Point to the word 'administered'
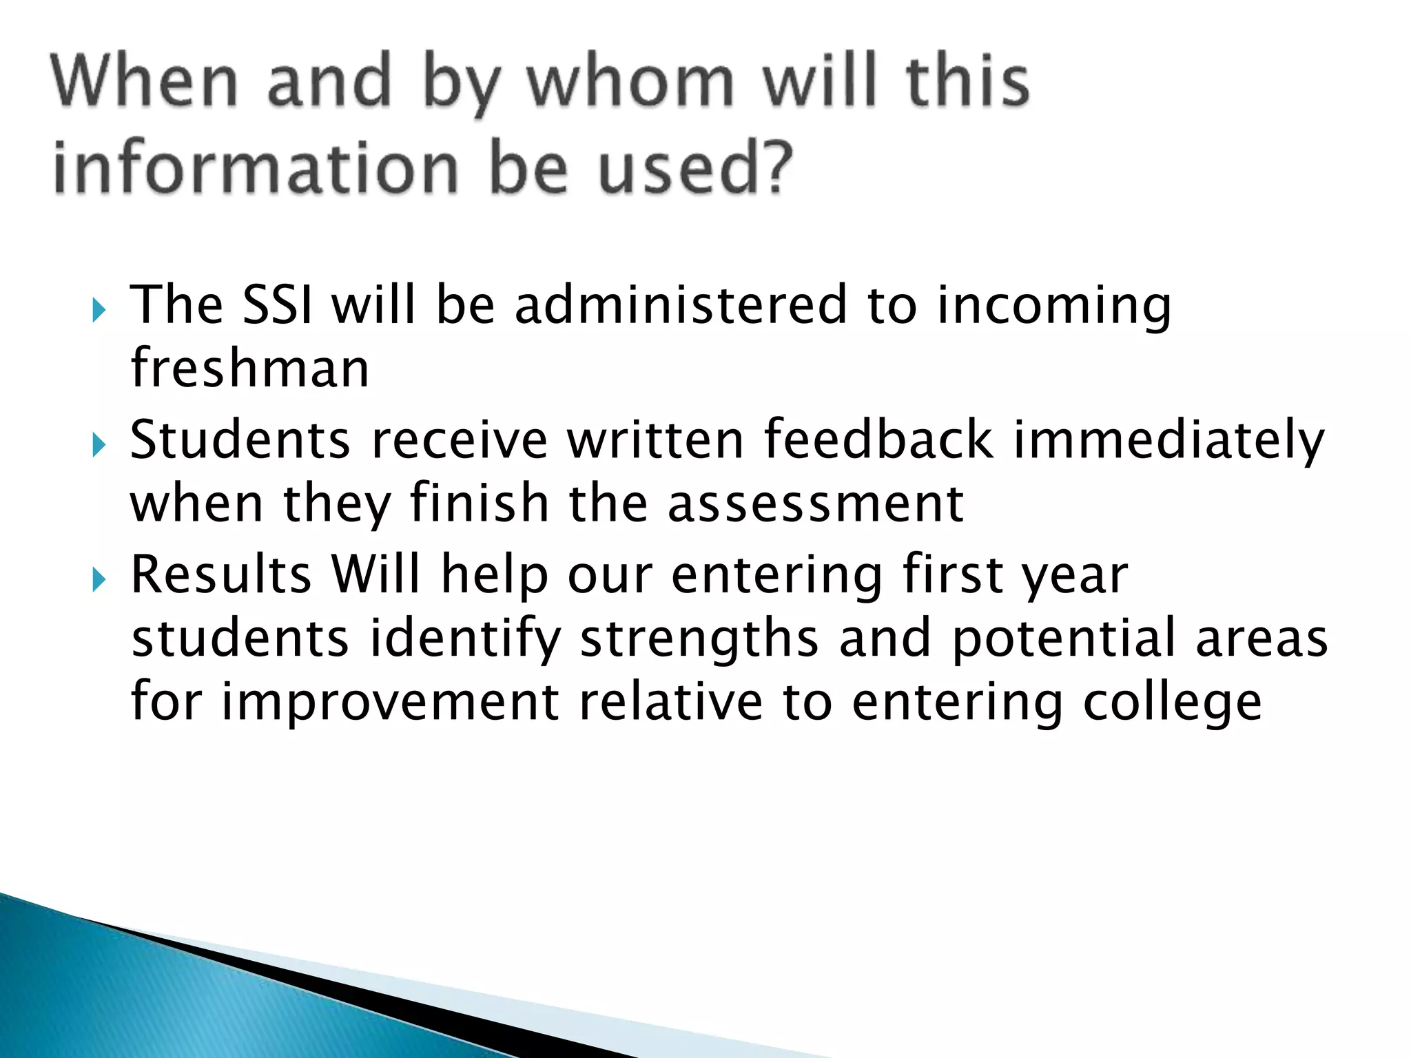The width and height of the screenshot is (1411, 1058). (681, 304)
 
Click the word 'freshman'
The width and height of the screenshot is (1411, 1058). (250, 368)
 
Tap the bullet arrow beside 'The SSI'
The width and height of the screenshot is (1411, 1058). (99, 310)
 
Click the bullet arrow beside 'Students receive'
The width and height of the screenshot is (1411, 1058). (99, 446)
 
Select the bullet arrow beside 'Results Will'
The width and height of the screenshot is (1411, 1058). (99, 581)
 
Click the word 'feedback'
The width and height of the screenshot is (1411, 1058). (878, 439)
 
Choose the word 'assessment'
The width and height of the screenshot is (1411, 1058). (815, 504)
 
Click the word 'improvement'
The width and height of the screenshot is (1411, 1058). (390, 703)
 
